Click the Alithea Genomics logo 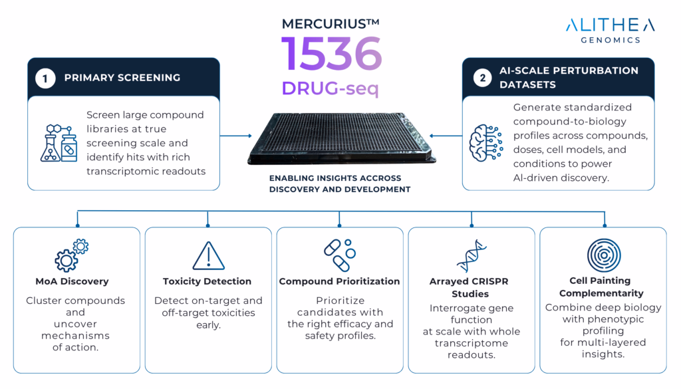click(610, 31)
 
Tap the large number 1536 click(331, 54)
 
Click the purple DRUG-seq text click(330, 88)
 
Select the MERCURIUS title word click(331, 23)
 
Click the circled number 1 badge click(45, 78)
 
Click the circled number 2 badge click(483, 78)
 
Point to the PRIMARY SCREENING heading click(122, 78)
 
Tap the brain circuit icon click(486, 143)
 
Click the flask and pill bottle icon click(59, 143)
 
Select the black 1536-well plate click(341, 138)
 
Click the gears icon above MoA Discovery click(72, 255)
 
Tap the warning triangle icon click(208, 256)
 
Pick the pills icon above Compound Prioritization click(340, 255)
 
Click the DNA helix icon click(472, 256)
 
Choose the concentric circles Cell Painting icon click(604, 255)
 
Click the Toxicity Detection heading click(207, 281)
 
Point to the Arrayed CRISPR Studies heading click(469, 287)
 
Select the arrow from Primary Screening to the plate click(236, 136)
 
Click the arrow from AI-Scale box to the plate click(446, 136)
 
